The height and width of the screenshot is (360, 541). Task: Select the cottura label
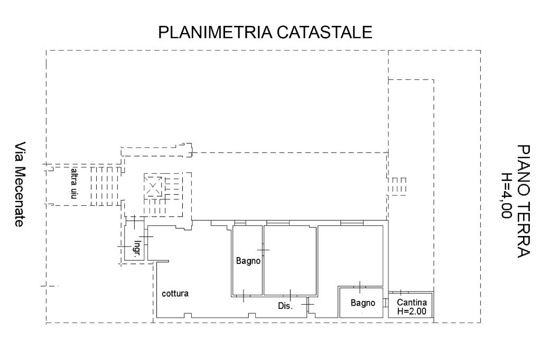175,293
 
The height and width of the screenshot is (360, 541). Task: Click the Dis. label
285,306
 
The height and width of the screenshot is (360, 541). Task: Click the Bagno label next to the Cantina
363,303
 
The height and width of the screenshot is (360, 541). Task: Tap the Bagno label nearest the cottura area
248,260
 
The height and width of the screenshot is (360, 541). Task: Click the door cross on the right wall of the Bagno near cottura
263,249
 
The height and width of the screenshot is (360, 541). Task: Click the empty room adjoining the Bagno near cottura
290,259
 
